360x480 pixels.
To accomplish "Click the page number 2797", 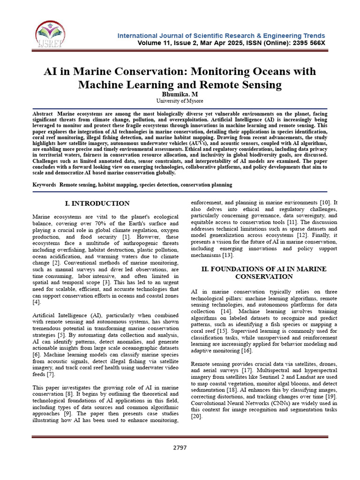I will (180, 447).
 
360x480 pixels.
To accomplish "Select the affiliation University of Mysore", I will (180, 101).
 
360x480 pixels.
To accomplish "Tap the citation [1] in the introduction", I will (126, 237).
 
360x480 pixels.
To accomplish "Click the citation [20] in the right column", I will (197, 416).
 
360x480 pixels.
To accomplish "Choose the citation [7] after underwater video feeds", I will (51, 375).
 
